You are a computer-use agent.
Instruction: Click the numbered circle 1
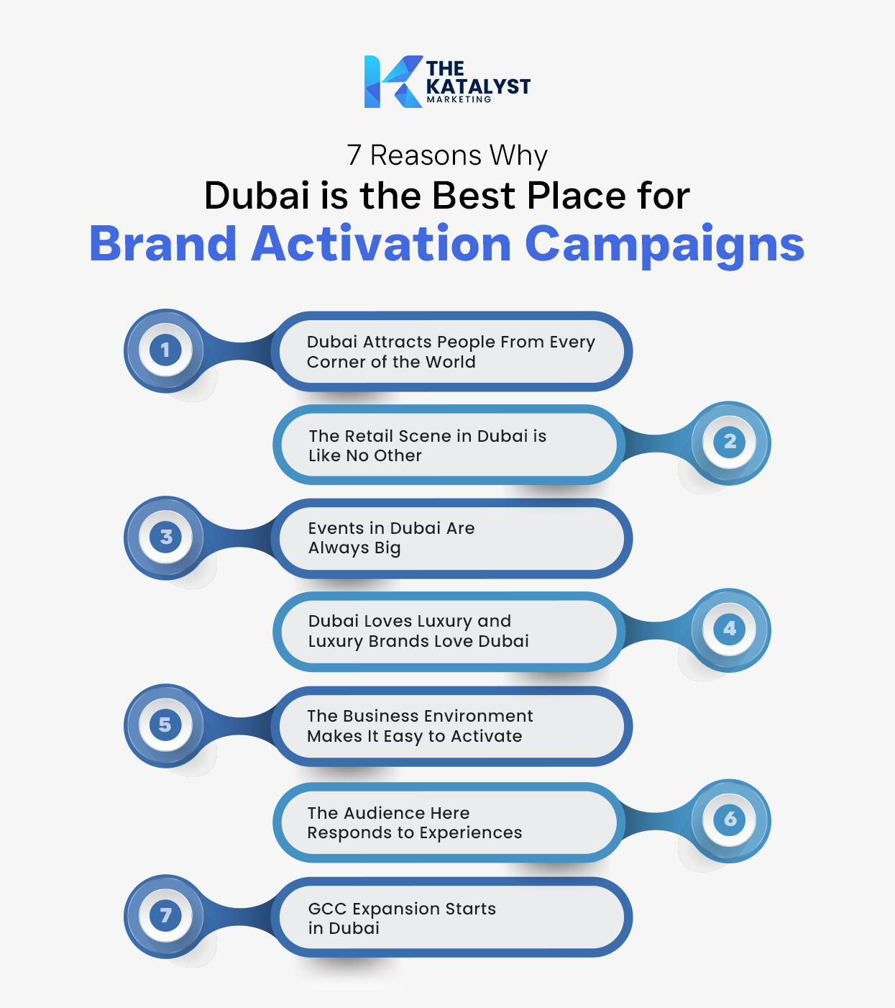point(165,350)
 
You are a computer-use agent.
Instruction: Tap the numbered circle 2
point(730,441)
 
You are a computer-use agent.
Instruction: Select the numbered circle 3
point(165,537)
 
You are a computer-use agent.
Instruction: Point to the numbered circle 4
point(730,628)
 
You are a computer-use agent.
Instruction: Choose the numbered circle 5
point(165,725)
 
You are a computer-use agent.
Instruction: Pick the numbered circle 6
point(730,819)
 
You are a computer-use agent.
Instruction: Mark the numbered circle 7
point(165,915)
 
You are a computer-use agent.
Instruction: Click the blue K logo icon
point(392,82)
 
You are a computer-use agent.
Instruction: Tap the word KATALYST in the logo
point(478,86)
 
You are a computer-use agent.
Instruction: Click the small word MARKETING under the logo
point(459,99)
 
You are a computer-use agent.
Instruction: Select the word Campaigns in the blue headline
point(664,245)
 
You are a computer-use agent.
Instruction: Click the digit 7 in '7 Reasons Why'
point(354,155)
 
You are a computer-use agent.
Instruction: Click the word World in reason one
point(450,362)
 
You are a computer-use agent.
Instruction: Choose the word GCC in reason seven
point(327,909)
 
